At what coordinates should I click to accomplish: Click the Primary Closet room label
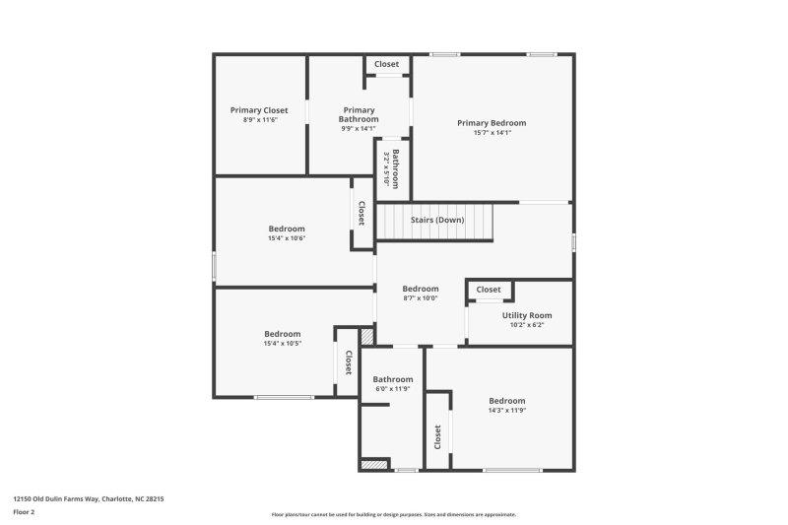pos(260,110)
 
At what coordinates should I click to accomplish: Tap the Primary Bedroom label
pos(492,123)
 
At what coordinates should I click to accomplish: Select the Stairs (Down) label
pos(437,220)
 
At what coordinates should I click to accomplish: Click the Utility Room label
pos(527,315)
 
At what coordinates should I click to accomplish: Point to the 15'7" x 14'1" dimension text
pos(492,133)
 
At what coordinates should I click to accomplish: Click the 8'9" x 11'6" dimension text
pos(260,120)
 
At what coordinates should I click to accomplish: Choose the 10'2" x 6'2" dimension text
pos(527,325)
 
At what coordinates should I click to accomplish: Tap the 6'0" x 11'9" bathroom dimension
pos(393,389)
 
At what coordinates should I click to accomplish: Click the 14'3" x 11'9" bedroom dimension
pos(507,411)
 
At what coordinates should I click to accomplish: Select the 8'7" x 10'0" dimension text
pos(421,298)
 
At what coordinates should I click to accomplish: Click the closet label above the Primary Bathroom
pos(387,65)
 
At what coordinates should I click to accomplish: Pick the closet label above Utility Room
pos(489,290)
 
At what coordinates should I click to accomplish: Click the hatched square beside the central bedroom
pos(367,337)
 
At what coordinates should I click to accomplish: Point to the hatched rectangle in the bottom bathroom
pos(372,464)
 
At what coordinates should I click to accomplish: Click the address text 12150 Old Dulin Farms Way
pos(88,499)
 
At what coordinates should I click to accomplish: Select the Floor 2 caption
pos(24,512)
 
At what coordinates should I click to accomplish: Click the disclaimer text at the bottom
pos(393,514)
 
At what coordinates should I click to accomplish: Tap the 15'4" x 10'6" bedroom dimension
pos(287,238)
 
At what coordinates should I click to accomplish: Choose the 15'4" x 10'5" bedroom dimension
pos(283,344)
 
